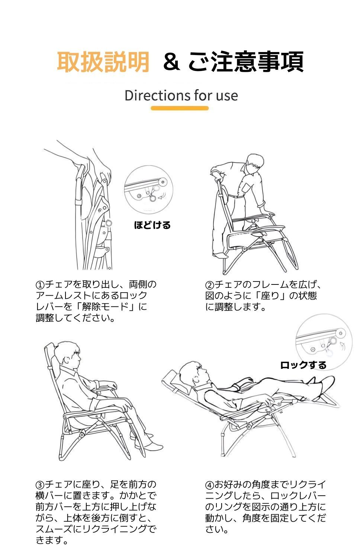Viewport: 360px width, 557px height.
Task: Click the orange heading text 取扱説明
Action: [103, 62]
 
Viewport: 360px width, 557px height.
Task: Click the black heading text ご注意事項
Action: [245, 62]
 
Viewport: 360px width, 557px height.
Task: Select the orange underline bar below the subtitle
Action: [180, 108]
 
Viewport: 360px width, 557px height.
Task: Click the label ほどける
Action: [152, 225]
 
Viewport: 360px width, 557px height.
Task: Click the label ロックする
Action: [303, 365]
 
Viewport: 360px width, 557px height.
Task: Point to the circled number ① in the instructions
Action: [40, 285]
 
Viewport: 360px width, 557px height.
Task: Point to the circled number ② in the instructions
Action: [210, 285]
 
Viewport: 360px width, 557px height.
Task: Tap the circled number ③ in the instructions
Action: [40, 485]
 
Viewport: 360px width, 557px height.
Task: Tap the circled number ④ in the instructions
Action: [210, 485]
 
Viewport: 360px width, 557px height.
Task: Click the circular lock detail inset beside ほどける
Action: [145, 189]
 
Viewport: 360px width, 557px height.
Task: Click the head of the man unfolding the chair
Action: [255, 164]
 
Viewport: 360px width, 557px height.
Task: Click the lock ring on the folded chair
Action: [109, 223]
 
